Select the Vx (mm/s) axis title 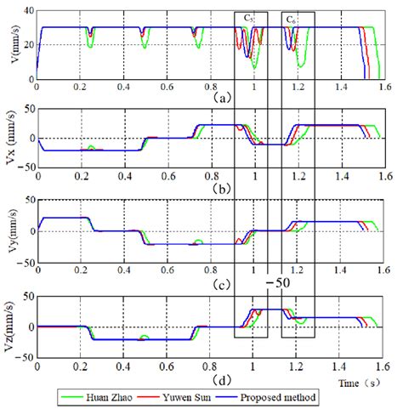pyautogui.click(x=9, y=139)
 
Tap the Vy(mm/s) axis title pyautogui.click(x=9, y=230)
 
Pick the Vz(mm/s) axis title pyautogui.click(x=9, y=326)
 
